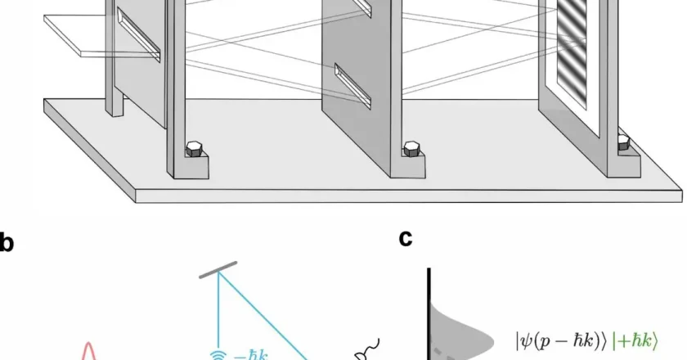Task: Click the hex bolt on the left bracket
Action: pyautogui.click(x=195, y=149)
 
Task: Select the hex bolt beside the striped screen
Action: pyautogui.click(x=623, y=142)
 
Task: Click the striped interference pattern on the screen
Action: pyautogui.click(x=572, y=52)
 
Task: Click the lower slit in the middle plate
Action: pyautogui.click(x=352, y=85)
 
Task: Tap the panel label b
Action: pyautogui.click(x=7, y=243)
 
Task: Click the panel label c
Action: pyautogui.click(x=406, y=239)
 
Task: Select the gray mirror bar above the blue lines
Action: pyautogui.click(x=218, y=270)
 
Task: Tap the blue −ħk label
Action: pyautogui.click(x=250, y=355)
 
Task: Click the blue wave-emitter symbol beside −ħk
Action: pyautogui.click(x=218, y=355)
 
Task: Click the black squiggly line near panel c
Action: pyautogui.click(x=369, y=349)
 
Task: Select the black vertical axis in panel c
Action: pyautogui.click(x=429, y=314)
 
